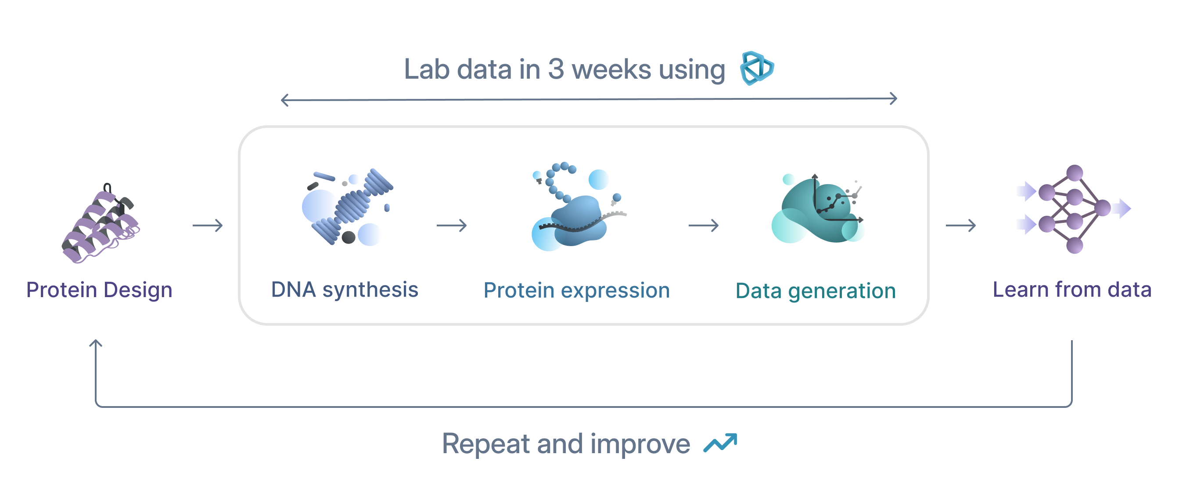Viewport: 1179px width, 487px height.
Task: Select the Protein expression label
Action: (x=577, y=291)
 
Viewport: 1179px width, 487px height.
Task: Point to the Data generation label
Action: (x=816, y=291)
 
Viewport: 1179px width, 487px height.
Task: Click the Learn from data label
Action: (x=1072, y=290)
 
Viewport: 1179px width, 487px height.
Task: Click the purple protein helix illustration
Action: (x=101, y=223)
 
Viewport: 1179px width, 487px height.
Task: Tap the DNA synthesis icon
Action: (x=348, y=207)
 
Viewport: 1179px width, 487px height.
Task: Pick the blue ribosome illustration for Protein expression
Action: (x=578, y=206)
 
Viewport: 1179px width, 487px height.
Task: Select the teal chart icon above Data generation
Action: (x=817, y=209)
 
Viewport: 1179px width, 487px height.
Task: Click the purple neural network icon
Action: (x=1074, y=209)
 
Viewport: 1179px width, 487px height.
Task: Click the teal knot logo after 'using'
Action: (x=757, y=68)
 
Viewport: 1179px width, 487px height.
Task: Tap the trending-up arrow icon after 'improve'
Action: (x=720, y=443)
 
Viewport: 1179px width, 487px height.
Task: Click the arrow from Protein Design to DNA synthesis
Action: (x=207, y=225)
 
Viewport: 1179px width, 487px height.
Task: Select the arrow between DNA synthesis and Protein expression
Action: (x=451, y=225)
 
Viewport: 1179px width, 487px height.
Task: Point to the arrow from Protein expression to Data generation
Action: (x=704, y=225)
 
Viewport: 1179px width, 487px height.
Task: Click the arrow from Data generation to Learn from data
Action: (x=961, y=225)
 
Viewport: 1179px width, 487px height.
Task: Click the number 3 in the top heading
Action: (x=556, y=69)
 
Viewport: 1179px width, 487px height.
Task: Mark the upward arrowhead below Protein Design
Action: (x=96, y=343)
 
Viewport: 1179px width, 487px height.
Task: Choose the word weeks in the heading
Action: (x=611, y=69)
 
